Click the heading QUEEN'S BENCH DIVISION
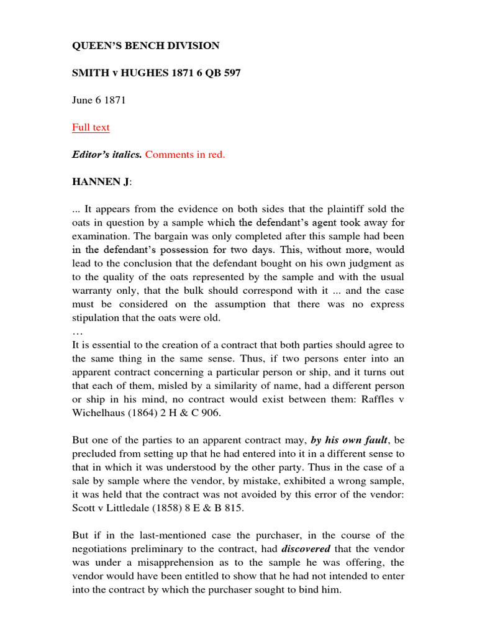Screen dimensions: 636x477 (146, 46)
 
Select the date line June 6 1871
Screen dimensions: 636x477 (99, 100)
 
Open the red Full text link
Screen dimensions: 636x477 (91, 127)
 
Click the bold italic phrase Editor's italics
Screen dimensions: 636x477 (107, 155)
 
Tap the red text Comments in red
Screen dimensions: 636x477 (185, 155)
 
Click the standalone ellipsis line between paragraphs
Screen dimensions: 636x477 (77, 332)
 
